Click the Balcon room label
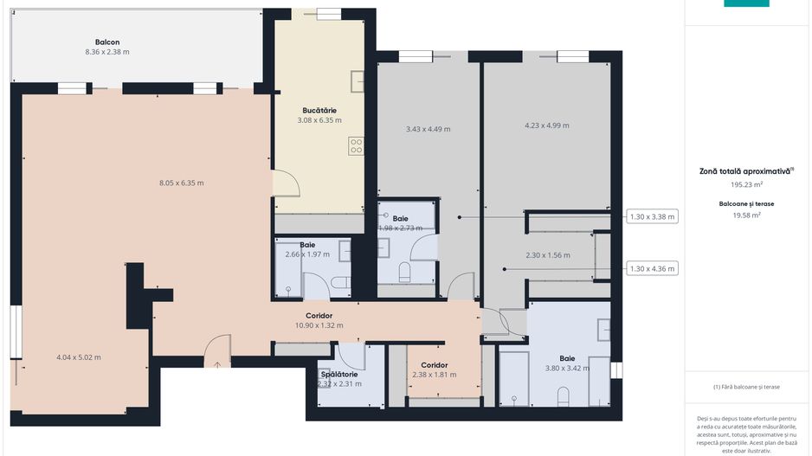point(107,42)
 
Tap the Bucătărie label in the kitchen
point(319,110)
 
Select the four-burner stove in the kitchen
point(356,146)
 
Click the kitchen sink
point(358,80)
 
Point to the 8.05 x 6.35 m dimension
point(181,183)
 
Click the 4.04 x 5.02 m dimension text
point(78,357)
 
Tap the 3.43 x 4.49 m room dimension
point(428,129)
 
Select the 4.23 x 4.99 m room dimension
point(547,125)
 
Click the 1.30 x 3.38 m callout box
point(652,217)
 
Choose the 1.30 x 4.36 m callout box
point(652,269)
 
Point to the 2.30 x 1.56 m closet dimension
point(547,255)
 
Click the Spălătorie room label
point(339,374)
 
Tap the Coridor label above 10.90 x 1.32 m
point(319,316)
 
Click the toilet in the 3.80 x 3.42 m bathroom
point(563,395)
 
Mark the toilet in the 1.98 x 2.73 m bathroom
point(404,273)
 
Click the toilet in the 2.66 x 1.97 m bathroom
point(341,282)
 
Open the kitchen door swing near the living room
point(287,183)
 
